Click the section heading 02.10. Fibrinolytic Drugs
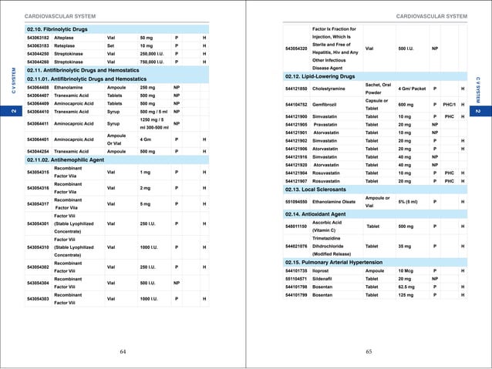pyautogui.click(x=58, y=29)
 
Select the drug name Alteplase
pyautogui.click(x=66, y=38)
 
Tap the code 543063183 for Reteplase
pyautogui.click(x=39, y=46)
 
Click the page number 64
pyautogui.click(x=123, y=351)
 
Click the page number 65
pyautogui.click(x=369, y=351)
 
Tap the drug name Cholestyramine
pyautogui.click(x=334, y=90)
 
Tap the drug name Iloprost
pyautogui.click(x=325, y=271)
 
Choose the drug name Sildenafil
pyautogui.click(x=326, y=279)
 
